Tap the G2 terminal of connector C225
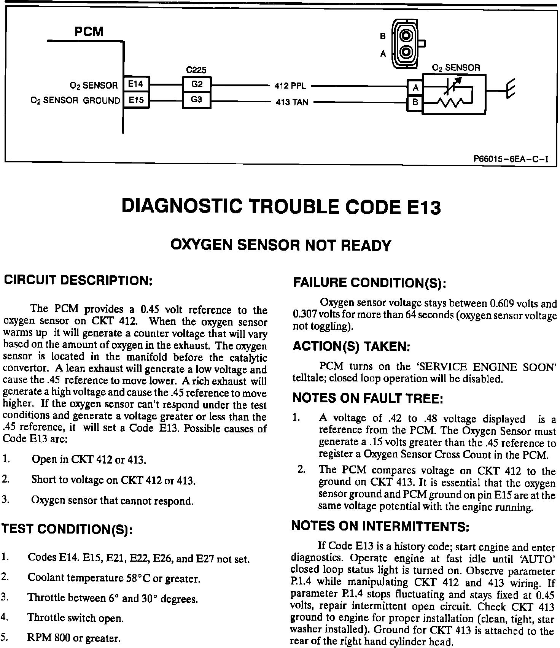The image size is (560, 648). (x=196, y=84)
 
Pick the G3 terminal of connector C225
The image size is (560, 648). (x=196, y=100)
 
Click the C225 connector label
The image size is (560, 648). (x=196, y=70)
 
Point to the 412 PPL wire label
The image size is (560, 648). (x=290, y=86)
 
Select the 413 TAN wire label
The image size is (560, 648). (x=292, y=102)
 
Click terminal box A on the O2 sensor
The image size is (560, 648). (x=415, y=88)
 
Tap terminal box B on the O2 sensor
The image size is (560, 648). (x=415, y=103)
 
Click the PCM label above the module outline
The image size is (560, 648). (x=89, y=32)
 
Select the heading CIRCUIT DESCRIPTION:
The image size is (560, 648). (x=78, y=281)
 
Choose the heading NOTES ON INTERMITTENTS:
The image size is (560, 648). (x=380, y=526)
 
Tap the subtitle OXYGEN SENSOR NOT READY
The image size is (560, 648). (x=281, y=245)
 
